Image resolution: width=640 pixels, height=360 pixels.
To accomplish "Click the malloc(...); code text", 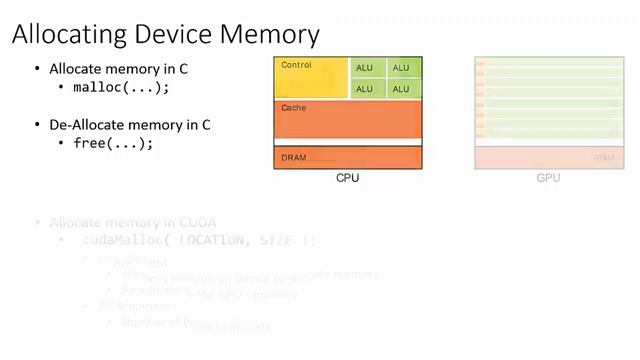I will (x=121, y=87).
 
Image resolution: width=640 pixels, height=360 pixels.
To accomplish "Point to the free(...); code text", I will (x=113, y=143).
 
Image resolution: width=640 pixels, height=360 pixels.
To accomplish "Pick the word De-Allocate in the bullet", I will (x=88, y=125).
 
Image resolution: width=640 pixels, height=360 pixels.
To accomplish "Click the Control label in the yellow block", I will (x=297, y=65).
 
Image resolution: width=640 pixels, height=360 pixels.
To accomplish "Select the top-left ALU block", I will (x=365, y=68).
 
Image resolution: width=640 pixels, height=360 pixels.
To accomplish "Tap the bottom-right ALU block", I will (x=401, y=89).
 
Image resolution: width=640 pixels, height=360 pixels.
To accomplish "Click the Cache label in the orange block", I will (x=294, y=107).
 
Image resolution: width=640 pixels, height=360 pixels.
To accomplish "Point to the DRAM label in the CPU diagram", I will (x=294, y=158).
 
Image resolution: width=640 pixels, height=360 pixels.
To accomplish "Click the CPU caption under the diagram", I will (x=347, y=178).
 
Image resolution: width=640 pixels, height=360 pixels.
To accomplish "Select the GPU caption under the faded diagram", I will (x=548, y=178).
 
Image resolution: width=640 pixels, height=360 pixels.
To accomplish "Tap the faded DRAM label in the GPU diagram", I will (x=602, y=158).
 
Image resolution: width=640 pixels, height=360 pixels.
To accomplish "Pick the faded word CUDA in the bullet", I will (x=196, y=222).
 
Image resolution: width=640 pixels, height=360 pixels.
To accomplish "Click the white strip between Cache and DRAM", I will (x=347, y=142).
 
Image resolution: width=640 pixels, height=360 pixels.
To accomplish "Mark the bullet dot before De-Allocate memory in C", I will (x=38, y=126).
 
